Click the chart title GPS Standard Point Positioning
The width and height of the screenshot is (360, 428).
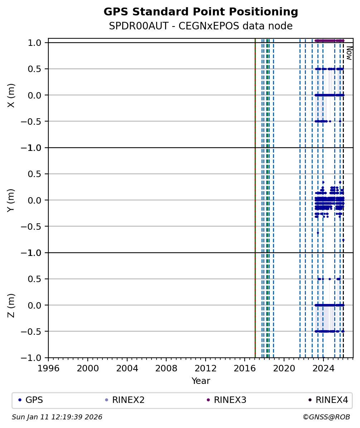[x=201, y=12]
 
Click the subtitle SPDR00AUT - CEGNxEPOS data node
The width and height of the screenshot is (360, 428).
[x=201, y=26]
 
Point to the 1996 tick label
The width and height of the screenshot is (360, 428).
[x=48, y=368]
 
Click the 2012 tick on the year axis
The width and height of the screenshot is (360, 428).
[x=205, y=368]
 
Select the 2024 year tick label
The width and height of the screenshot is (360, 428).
[x=323, y=368]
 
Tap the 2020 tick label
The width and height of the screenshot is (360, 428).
[x=284, y=368]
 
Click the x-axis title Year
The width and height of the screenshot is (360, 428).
[x=201, y=381]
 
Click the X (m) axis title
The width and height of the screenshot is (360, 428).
[x=11, y=95]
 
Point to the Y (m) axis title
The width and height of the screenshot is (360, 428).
[x=11, y=200]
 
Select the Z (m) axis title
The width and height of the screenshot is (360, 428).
[x=11, y=305]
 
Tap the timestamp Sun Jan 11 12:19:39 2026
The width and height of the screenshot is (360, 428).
[x=57, y=417]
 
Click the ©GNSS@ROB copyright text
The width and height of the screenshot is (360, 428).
[x=326, y=417]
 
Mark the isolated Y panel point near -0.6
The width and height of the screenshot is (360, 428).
[x=318, y=233]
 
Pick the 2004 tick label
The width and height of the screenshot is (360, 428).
[x=127, y=368]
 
